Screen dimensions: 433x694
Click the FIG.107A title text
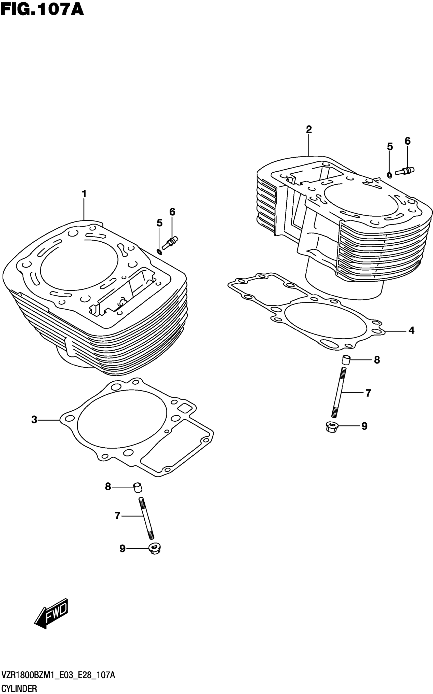42,10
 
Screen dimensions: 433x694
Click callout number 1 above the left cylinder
84,194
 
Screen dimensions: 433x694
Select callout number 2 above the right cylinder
308,130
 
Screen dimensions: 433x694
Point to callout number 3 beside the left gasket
34,420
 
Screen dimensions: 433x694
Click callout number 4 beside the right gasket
411,330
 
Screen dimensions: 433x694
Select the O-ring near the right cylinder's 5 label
389,175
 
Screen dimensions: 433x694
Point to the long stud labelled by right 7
339,392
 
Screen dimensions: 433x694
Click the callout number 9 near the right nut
364,426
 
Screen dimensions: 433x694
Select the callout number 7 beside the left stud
117,516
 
